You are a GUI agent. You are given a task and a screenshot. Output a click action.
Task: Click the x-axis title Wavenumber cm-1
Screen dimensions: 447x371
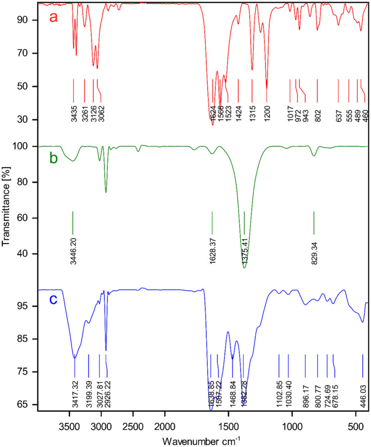pyautogui.click(x=203, y=439)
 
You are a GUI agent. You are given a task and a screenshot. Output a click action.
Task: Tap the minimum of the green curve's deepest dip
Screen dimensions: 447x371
pyautogui.click(x=244, y=268)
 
